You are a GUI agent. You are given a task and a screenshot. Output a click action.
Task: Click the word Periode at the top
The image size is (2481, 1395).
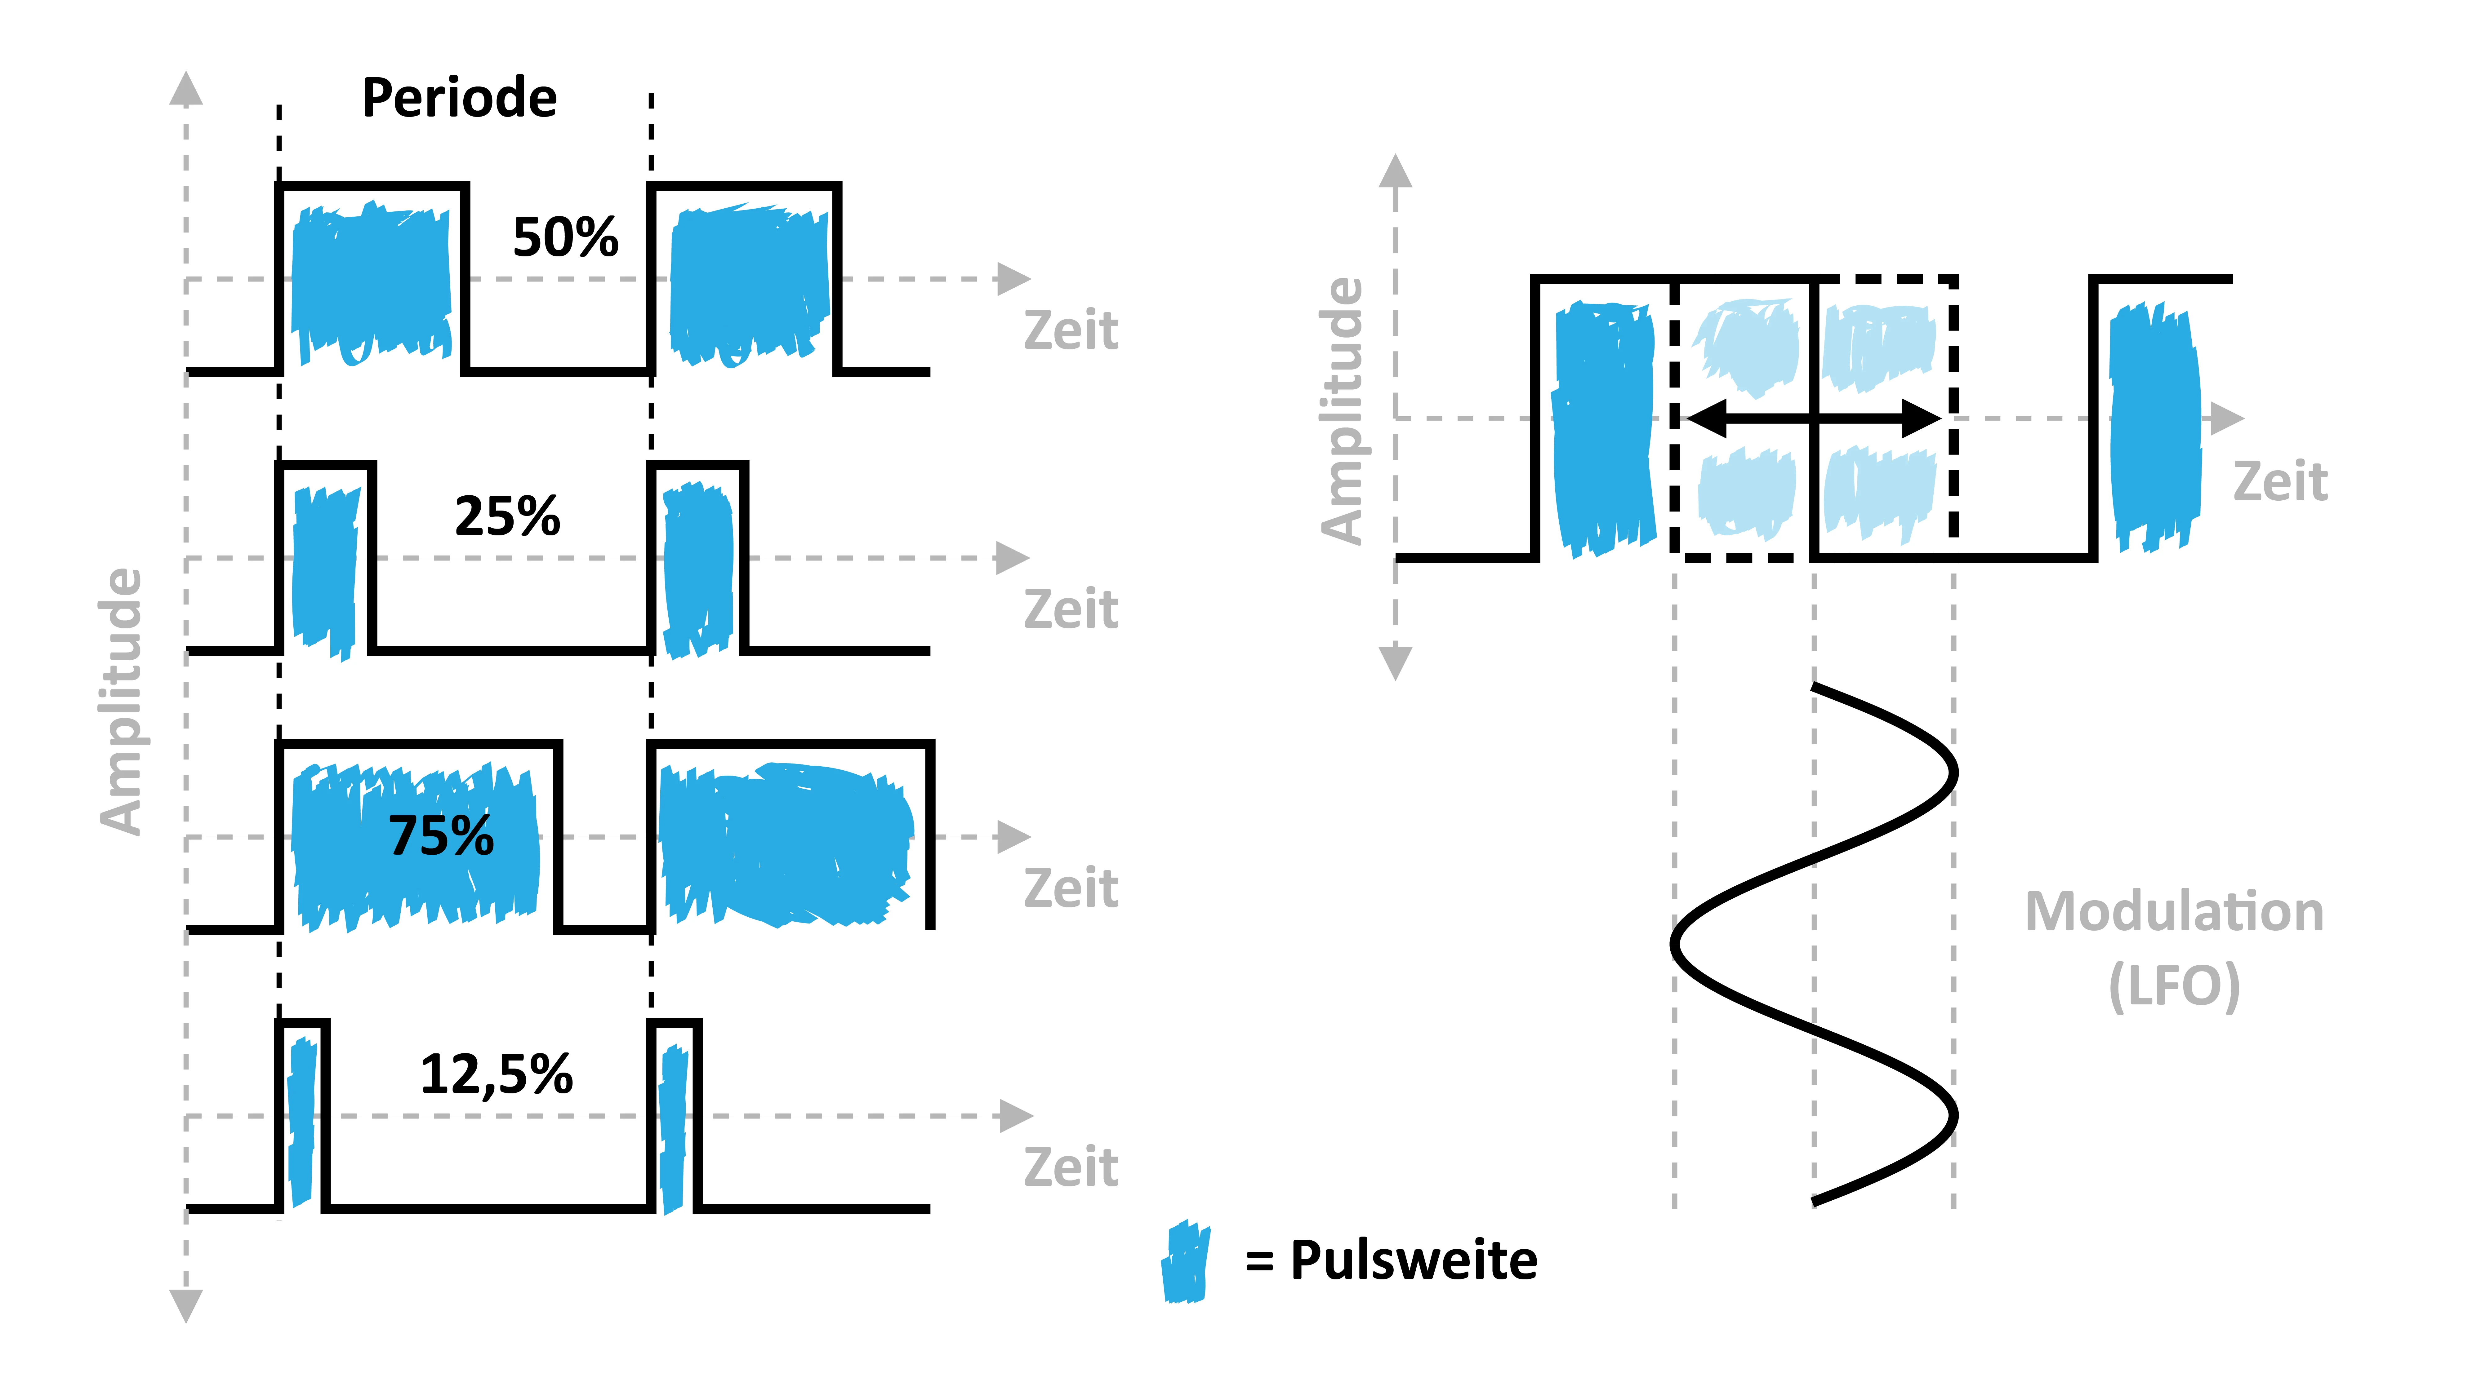(459, 98)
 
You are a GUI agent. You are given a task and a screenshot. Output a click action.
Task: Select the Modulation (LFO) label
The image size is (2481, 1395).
(2175, 948)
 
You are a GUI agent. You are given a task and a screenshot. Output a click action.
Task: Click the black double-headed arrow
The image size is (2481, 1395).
(1814, 419)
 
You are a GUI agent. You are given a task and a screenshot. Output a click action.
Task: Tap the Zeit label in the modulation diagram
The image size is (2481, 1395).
(2281, 481)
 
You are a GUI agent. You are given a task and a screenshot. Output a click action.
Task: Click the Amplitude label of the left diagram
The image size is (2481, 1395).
(121, 701)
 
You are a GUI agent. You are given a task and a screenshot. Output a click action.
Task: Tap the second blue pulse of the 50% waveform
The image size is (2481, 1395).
(749, 284)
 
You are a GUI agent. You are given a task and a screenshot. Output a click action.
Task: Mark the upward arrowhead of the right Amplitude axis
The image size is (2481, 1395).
(1396, 171)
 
